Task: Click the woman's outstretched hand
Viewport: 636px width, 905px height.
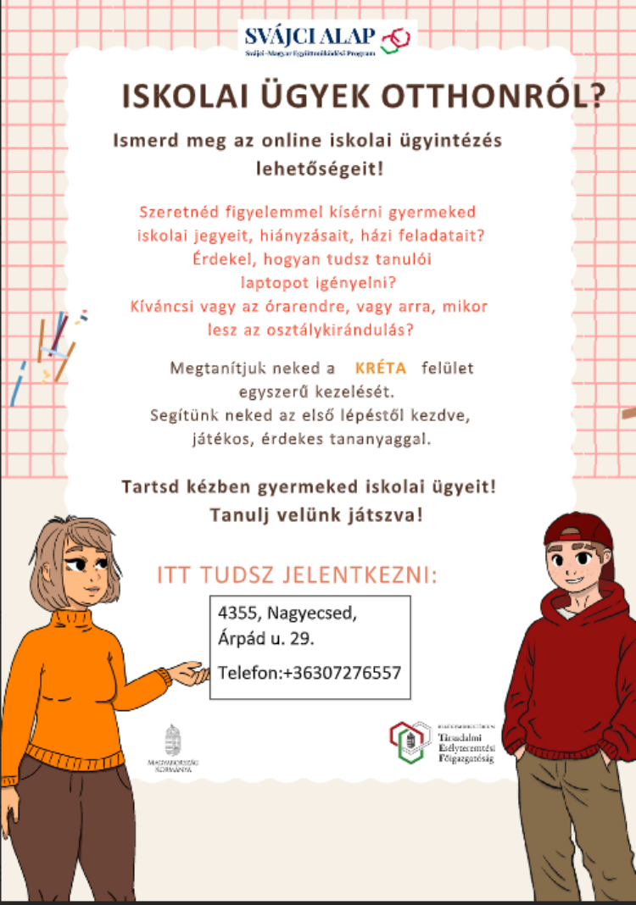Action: pyautogui.click(x=190, y=675)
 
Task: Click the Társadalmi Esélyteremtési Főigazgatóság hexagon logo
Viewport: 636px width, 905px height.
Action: pyautogui.click(x=410, y=741)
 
